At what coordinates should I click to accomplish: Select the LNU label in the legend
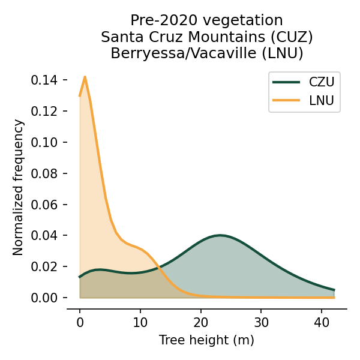321,100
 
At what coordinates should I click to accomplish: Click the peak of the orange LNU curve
85,77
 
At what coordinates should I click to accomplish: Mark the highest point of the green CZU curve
221,235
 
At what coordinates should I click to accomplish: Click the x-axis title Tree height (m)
206,340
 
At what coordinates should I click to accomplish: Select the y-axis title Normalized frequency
19,187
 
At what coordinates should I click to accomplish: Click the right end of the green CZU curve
334,290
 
